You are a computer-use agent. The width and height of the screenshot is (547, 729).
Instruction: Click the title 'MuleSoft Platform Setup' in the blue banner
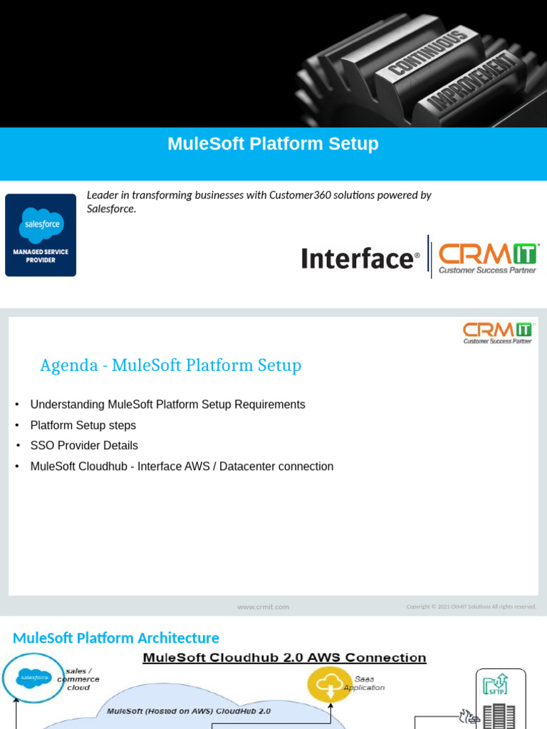coord(273,144)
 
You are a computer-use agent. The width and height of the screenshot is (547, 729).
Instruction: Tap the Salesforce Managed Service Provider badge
coord(41,235)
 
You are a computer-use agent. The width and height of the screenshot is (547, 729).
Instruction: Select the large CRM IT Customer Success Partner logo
coord(488,258)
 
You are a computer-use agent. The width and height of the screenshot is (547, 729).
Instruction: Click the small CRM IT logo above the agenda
coord(497,332)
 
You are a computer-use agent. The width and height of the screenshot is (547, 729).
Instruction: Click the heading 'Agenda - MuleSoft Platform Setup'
coord(170,365)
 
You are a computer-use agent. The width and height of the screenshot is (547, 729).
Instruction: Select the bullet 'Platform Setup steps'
coord(83,425)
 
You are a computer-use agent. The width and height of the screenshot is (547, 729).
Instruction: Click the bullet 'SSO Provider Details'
coord(84,446)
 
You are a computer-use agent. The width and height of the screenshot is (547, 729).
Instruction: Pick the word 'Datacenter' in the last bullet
coord(247,466)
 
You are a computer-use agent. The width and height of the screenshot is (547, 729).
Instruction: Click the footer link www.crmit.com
coord(263,607)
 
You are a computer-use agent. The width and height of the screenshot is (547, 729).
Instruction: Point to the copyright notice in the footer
coord(471,607)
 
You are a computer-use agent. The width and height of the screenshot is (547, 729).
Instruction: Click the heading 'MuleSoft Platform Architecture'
coord(116,638)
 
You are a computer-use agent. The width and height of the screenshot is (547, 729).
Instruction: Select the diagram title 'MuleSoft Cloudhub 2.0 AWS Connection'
coord(284,658)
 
